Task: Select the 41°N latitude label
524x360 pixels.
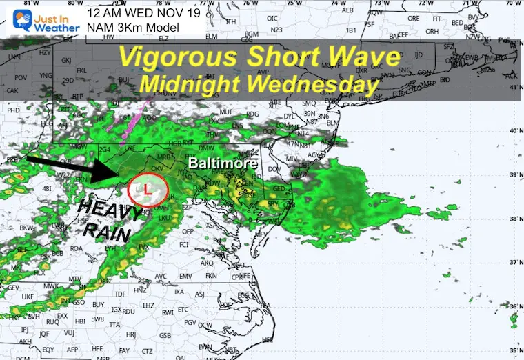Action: pos(515,87)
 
